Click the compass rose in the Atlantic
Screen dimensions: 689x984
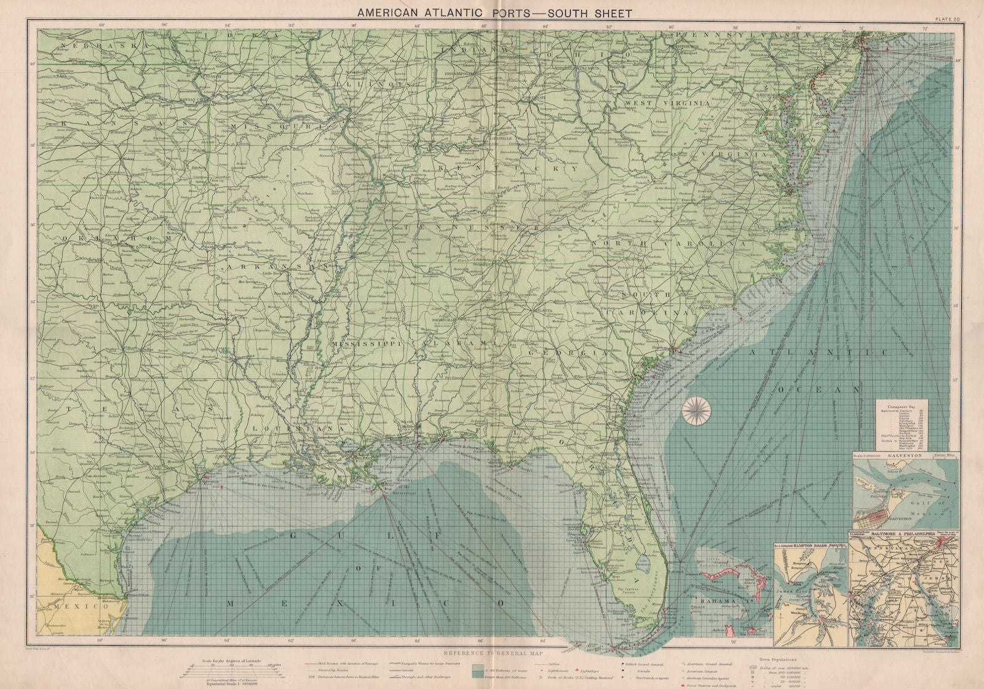[696, 410]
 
